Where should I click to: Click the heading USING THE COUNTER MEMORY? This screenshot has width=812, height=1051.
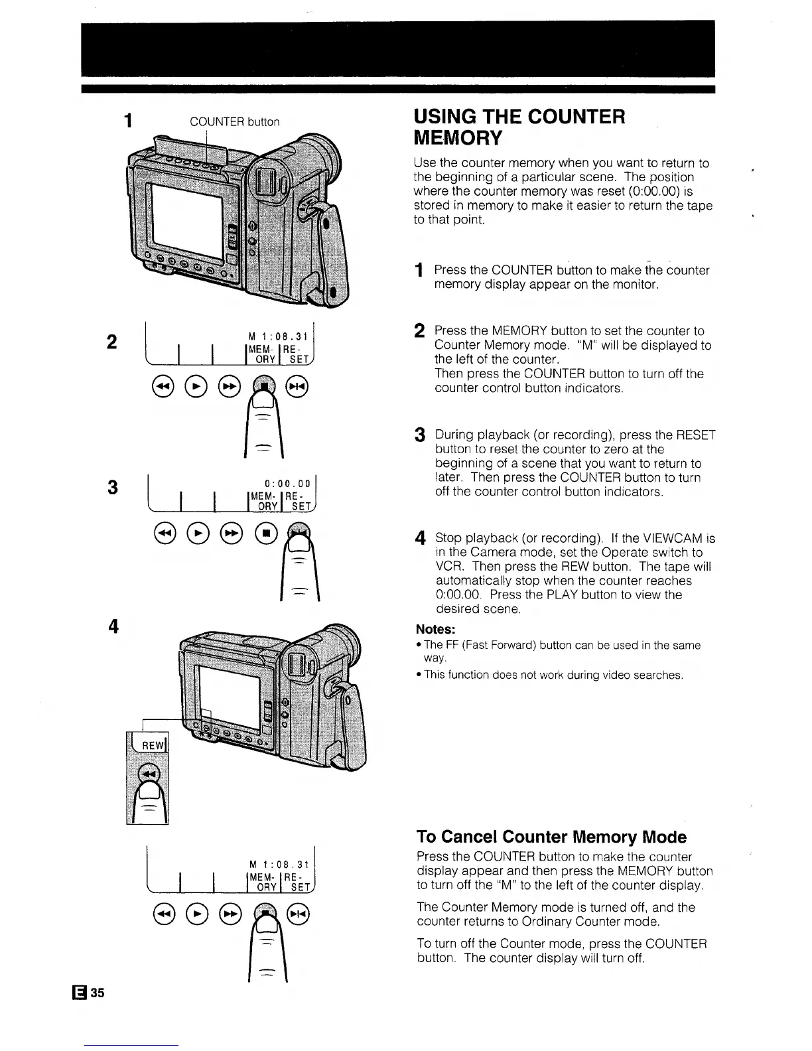519,127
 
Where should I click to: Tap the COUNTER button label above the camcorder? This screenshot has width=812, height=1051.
235,122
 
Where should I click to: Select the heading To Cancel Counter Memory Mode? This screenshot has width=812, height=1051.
551,836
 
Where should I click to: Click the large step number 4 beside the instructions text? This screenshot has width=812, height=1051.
419,537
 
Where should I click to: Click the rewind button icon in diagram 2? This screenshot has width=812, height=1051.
163,387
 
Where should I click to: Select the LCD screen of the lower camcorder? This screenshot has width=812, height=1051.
227,695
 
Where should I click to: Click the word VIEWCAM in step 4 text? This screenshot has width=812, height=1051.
667,538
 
